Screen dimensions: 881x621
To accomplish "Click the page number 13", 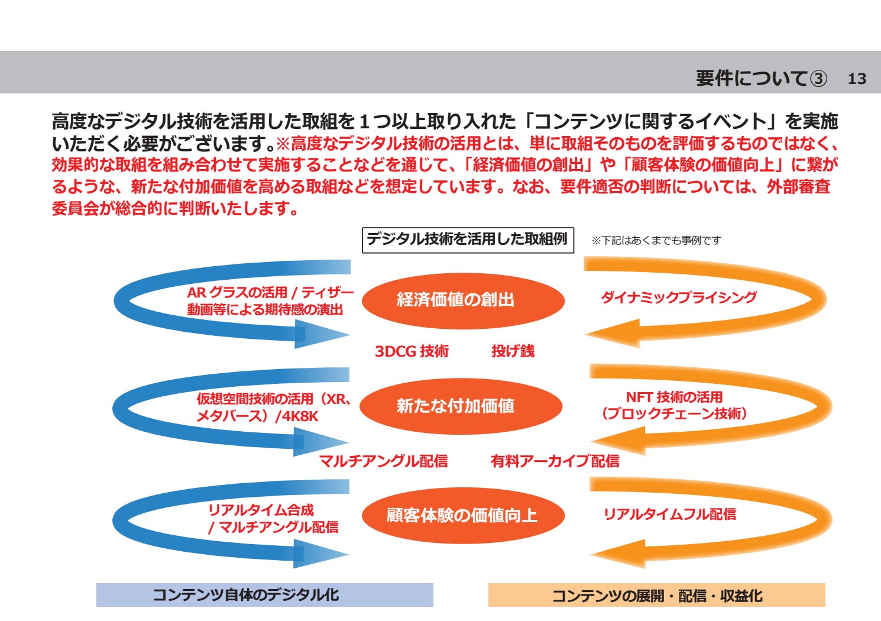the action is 857,79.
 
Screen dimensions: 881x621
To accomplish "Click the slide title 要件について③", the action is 761,78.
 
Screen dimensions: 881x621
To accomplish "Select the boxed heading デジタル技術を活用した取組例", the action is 467,240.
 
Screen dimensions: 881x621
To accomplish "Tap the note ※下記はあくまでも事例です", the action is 656,240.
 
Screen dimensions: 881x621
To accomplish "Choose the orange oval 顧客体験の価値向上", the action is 462,515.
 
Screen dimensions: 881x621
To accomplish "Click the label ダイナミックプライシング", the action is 678,297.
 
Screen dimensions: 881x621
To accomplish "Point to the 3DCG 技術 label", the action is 412,351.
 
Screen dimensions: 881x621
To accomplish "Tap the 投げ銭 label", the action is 513,351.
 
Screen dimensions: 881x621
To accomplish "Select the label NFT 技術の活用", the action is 674,397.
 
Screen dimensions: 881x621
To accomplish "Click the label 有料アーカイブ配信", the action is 555,461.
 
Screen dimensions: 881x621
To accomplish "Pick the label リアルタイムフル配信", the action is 669,515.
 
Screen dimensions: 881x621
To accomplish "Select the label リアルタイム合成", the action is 261,510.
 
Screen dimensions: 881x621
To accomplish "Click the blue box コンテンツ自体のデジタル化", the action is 264,595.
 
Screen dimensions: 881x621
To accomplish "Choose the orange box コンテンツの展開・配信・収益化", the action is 656,596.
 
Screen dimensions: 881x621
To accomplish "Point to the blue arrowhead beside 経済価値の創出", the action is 322,335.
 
